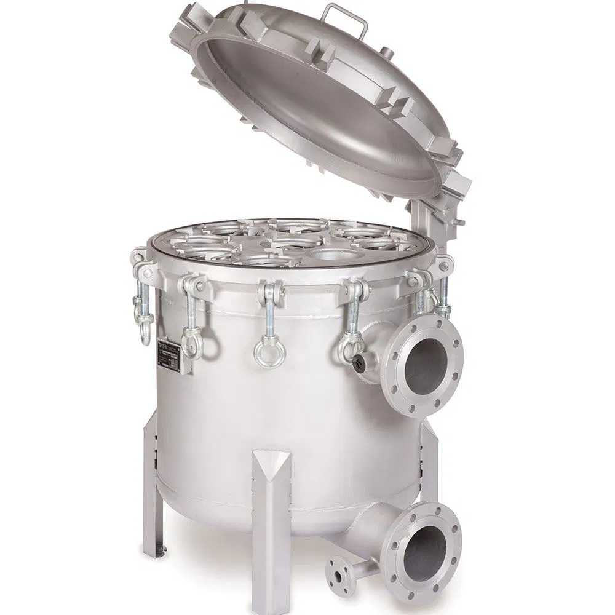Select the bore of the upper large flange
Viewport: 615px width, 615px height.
click(425, 363)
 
